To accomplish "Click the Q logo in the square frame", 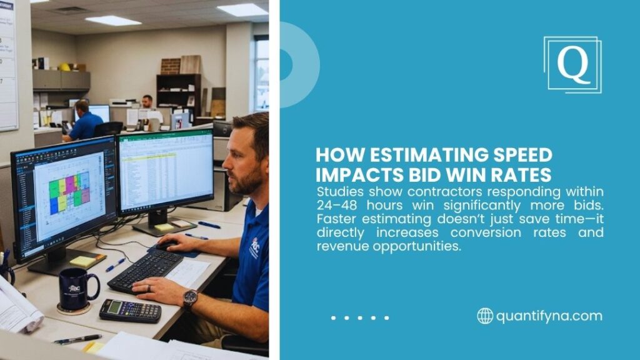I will (x=572, y=64).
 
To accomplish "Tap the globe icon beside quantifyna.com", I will (x=485, y=316).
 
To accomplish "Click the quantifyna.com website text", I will (x=549, y=316).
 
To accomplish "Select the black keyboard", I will (x=145, y=269).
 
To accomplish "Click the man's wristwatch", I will (x=190, y=299).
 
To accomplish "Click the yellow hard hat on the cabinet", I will (x=64, y=66).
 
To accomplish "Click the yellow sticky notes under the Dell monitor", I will (x=164, y=227).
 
